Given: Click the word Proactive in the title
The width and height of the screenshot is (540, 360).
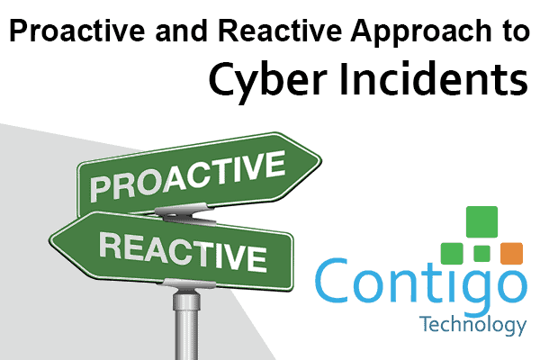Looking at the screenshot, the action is tap(77, 31).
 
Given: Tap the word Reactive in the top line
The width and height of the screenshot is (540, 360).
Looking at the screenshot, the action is tap(280, 31).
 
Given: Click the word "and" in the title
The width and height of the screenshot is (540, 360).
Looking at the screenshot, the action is tap(181, 31).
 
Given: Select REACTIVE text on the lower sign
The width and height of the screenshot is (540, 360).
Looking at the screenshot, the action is tap(183, 251).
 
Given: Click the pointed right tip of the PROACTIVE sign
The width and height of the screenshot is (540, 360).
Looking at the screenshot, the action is tap(321, 160).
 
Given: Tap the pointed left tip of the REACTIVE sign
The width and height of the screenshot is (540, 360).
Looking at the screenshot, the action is tap(50, 239).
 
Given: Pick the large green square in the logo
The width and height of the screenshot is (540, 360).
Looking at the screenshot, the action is tap(481, 222).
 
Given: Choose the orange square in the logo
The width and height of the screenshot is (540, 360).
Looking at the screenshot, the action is tap(511, 254).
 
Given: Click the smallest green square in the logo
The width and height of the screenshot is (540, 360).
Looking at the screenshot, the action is tap(481, 254).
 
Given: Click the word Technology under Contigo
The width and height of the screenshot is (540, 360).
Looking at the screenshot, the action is tap(472, 325).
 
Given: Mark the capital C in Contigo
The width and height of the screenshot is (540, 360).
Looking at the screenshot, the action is tap(331, 280).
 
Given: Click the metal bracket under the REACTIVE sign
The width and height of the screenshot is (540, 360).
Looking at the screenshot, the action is tap(189, 283).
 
